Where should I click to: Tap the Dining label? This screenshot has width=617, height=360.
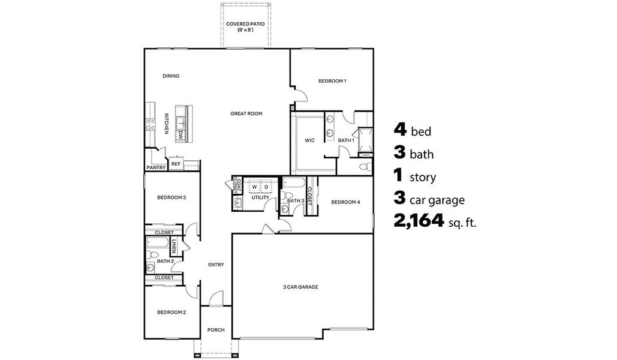click(171, 76)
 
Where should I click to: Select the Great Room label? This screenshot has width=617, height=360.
click(246, 113)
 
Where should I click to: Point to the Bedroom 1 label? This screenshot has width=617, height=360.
click(332, 81)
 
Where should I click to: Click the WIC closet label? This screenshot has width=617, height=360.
click(309, 140)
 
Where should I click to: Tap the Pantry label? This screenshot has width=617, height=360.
click(156, 168)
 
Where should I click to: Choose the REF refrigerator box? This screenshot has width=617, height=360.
click(176, 163)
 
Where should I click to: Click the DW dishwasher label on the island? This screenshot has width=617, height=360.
click(179, 136)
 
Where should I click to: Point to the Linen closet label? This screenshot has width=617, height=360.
click(174, 247)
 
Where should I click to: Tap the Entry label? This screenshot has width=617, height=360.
click(216, 265)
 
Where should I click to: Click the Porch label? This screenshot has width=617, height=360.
click(215, 330)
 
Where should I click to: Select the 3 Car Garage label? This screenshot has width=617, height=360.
click(300, 287)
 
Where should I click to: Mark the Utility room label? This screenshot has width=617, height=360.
click(260, 197)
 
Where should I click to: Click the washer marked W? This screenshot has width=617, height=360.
click(254, 187)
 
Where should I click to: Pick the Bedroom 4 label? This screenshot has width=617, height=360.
click(345, 202)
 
